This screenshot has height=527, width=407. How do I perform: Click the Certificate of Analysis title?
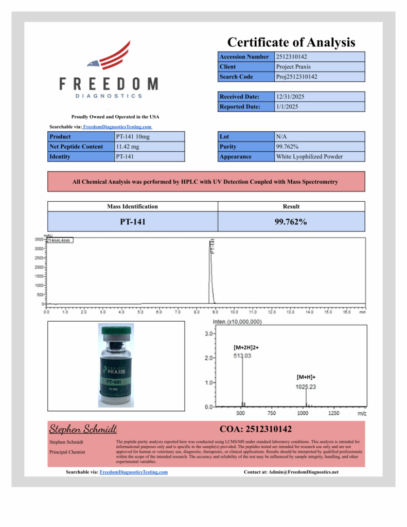coord(291,42)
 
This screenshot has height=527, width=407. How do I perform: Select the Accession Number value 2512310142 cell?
coord(320,57)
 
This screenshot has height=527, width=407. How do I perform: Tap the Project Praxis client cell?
coord(320,66)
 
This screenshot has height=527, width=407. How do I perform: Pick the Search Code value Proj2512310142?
coord(320,77)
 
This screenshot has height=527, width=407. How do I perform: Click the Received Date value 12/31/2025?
coord(320,97)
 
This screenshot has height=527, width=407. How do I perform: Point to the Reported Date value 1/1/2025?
coord(320,107)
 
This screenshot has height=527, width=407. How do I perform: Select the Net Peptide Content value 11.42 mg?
coord(149,147)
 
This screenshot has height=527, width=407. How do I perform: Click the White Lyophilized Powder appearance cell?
coord(320,156)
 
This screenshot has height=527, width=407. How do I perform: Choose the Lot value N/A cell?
coord(320,137)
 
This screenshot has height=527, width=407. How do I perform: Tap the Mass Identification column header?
coord(132,206)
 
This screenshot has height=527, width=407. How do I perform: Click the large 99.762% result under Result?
coord(291,222)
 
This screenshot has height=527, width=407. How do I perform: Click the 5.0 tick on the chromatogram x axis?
coord(140,312)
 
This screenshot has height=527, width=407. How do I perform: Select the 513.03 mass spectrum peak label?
coord(242,356)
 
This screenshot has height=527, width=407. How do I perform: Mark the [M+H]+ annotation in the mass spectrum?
coord(306,377)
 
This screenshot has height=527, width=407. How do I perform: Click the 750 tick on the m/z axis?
coord(272,413)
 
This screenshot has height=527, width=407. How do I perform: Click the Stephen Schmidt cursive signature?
coord(83,429)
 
